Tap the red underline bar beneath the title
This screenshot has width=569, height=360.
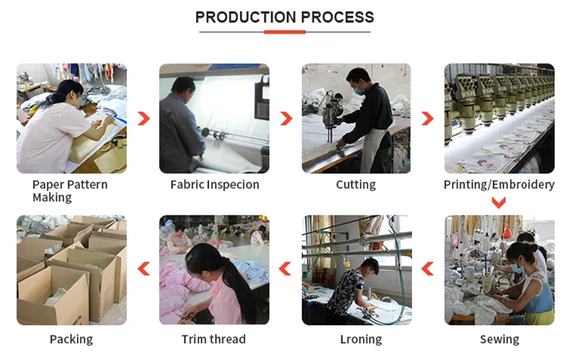pos(284,32)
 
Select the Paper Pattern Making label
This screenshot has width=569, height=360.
pos(70,191)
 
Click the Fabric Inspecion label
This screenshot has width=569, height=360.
pos(215,185)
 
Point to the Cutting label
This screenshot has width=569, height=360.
pos(355,185)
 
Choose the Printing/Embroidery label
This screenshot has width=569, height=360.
pos(498,185)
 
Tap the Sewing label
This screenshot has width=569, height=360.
pos(499,339)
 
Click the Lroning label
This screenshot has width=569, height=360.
pos(361,339)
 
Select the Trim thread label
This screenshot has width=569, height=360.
pos(214,339)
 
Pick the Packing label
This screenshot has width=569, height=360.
pos(71,339)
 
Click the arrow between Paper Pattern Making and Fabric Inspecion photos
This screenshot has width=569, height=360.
pos(143,118)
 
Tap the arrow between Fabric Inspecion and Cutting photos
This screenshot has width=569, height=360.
pos(286,118)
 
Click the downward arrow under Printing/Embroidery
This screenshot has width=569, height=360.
pos(498,202)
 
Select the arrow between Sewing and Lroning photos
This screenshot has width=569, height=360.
pos(427,268)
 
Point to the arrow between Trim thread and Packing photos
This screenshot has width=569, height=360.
pos(143,268)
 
